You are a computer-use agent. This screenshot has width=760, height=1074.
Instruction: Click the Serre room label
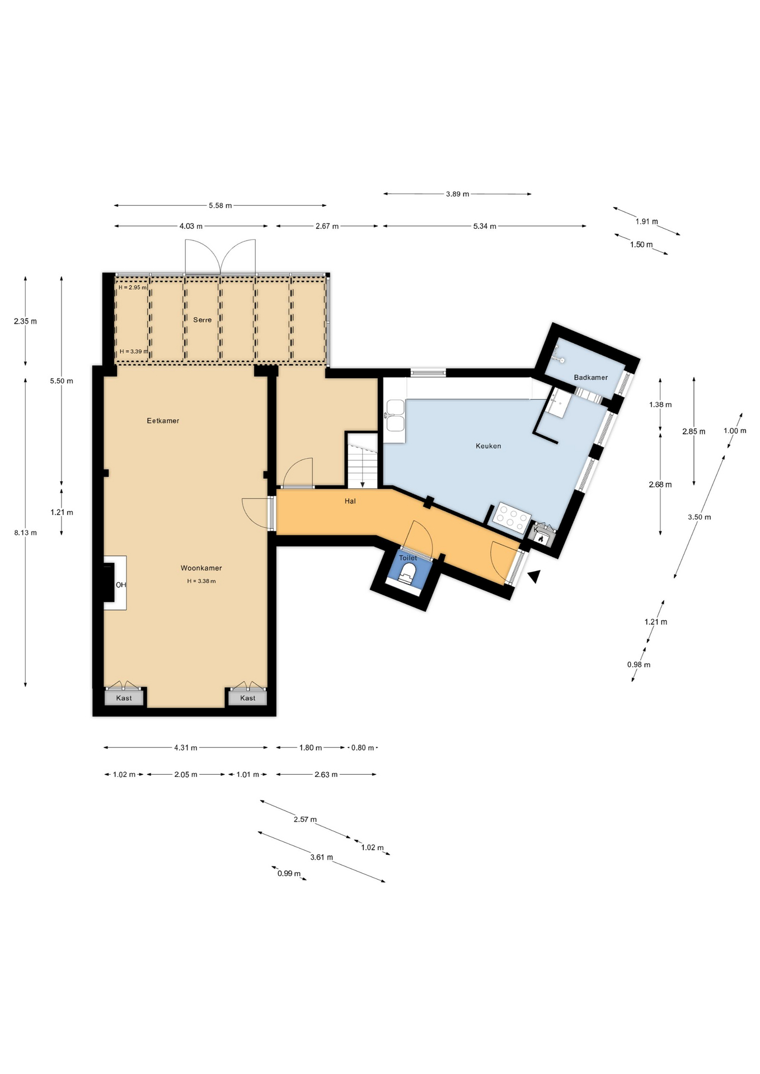(x=202, y=320)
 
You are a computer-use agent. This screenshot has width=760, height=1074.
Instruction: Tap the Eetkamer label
(x=163, y=421)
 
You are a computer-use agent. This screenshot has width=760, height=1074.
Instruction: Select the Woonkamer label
(x=201, y=568)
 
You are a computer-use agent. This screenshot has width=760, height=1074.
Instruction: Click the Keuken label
(x=488, y=446)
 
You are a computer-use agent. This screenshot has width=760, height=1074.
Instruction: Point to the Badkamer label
(x=590, y=378)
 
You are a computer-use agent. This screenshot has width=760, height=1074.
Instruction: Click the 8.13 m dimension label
(x=25, y=533)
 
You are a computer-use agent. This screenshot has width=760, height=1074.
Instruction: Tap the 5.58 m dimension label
(x=220, y=205)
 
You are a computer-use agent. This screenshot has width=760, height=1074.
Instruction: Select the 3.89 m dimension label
(x=457, y=194)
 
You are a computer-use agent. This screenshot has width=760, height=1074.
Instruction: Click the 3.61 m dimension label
(x=321, y=857)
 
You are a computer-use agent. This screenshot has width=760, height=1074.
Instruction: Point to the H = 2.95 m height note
(x=133, y=288)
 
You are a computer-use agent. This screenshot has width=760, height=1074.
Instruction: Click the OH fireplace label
(x=121, y=585)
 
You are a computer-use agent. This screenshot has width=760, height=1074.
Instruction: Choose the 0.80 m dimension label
(x=362, y=747)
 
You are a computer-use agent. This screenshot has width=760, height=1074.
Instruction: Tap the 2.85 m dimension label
(x=693, y=431)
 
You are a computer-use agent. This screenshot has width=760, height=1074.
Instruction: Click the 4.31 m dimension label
(x=185, y=747)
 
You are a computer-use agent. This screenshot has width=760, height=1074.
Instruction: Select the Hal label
(x=350, y=501)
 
